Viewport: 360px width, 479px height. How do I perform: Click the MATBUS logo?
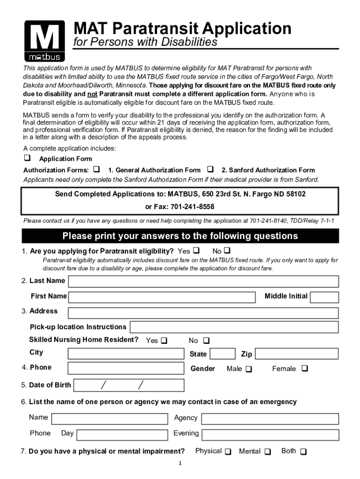click(x=44, y=41)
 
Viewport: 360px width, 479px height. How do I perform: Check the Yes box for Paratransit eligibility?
click(x=196, y=250)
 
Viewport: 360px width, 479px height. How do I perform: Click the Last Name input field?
click(x=203, y=281)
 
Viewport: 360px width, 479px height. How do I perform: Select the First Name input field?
click(x=162, y=297)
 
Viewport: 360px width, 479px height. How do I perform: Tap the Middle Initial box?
click(x=324, y=297)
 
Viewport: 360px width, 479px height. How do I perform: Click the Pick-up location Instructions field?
click(x=234, y=327)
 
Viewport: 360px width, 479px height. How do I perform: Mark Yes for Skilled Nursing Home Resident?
click(x=164, y=341)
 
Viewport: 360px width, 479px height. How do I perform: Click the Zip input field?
click(x=297, y=354)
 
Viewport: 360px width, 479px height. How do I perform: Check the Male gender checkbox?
click(x=248, y=369)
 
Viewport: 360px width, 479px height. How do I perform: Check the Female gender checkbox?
click(x=305, y=369)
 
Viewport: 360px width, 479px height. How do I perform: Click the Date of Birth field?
click(x=129, y=385)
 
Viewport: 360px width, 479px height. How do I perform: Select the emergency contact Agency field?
click(x=270, y=419)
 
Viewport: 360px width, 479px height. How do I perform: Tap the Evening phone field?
click(x=270, y=435)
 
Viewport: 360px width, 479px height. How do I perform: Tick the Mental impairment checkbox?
click(x=267, y=452)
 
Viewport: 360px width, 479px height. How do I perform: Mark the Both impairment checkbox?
click(x=303, y=452)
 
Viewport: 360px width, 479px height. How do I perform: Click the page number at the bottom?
click(x=180, y=464)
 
